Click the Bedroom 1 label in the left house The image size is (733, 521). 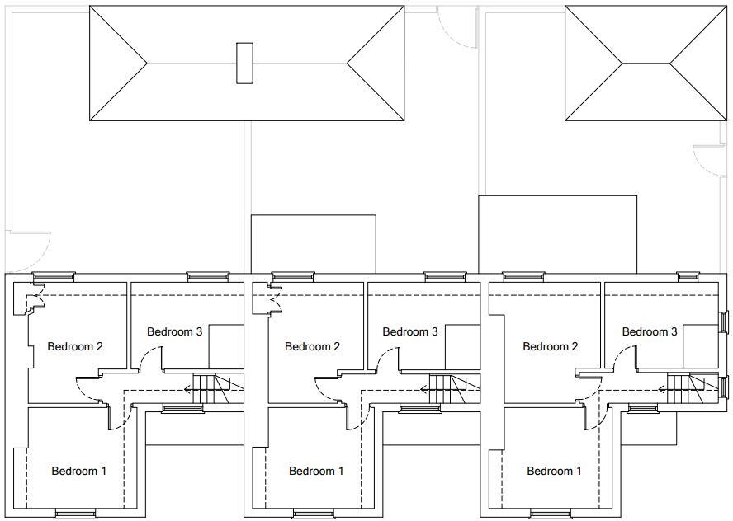click(x=78, y=471)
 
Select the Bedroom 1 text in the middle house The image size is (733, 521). click(x=316, y=471)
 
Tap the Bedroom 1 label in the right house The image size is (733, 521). click(x=554, y=471)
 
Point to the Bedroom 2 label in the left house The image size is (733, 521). click(x=75, y=346)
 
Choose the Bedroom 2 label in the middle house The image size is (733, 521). click(x=312, y=346)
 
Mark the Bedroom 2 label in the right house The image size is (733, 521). click(x=551, y=346)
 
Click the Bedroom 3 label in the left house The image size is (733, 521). click(x=175, y=331)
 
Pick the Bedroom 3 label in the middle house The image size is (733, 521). click(x=410, y=331)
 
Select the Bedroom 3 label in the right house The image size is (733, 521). click(x=650, y=331)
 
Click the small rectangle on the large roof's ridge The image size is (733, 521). click(x=244, y=63)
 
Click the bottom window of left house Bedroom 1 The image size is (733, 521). click(x=76, y=514)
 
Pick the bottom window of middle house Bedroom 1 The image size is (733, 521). click(x=314, y=514)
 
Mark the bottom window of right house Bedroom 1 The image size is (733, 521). click(x=551, y=514)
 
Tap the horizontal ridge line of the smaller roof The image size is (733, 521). click(x=646, y=63)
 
